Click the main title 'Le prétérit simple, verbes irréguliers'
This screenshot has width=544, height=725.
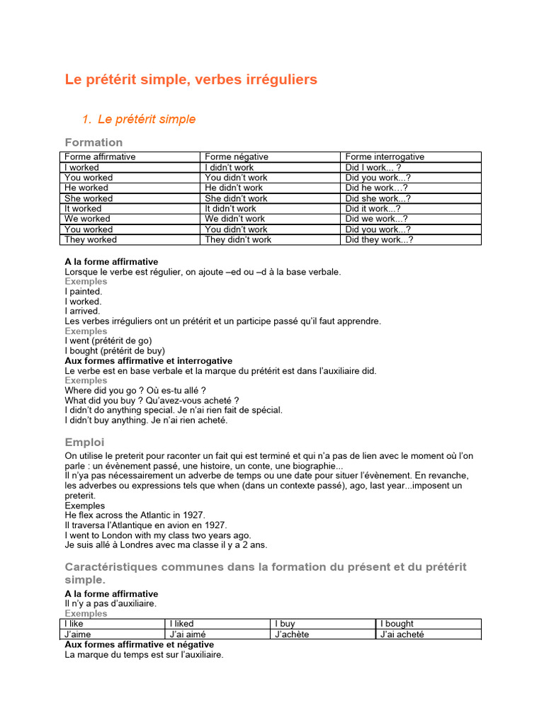[191, 80]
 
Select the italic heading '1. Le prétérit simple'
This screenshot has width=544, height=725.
[140, 119]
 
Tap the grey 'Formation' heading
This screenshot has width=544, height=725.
[93, 142]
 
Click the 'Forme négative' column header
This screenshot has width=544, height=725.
[237, 157]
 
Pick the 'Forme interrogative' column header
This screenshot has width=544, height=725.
[385, 157]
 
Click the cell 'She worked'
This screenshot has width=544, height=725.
[89, 199]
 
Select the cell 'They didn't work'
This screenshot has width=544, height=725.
[238, 240]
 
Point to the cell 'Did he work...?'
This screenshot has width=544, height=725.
[376, 188]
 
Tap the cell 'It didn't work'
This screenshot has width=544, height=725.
[231, 209]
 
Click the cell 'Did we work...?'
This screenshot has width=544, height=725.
[377, 219]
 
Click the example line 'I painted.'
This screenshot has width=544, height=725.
[84, 291]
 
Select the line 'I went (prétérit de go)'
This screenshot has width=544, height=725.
[108, 341]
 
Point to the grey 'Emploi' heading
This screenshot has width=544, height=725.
[84, 443]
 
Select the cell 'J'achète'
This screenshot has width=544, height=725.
[291, 634]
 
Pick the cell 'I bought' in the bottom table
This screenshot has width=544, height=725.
[397, 624]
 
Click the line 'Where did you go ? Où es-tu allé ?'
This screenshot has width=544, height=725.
[135, 390]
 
